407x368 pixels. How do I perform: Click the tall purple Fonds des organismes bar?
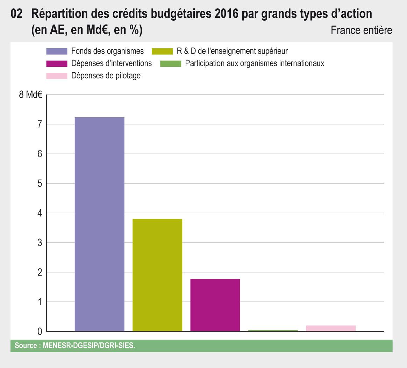[x=100, y=224]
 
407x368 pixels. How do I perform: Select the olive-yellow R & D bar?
[x=157, y=275]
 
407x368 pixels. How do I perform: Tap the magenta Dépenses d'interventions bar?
[x=215, y=305]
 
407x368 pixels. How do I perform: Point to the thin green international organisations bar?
[x=273, y=331]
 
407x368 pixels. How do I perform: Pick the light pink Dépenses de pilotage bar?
[x=330, y=328]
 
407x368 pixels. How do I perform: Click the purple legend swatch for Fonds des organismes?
[x=57, y=51]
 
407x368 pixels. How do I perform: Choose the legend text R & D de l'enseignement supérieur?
[x=232, y=51]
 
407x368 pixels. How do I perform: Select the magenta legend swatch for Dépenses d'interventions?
[x=57, y=64]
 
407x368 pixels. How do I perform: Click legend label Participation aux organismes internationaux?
[x=255, y=63]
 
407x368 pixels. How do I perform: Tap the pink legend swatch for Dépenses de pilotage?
[x=57, y=76]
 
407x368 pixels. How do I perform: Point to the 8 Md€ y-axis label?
[x=30, y=95]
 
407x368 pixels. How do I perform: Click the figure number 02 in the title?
[x=17, y=14]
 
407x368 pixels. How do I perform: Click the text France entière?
[x=361, y=30]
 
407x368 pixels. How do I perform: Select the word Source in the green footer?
[x=26, y=346]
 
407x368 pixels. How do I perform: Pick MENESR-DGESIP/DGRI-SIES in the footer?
[x=89, y=346]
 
